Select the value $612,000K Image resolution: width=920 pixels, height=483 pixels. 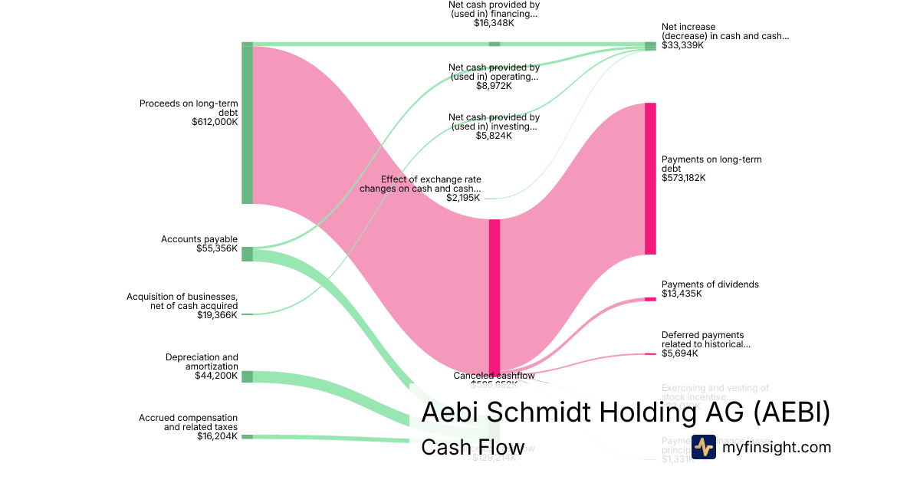[x=215, y=121]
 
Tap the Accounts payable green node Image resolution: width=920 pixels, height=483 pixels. [x=247, y=254]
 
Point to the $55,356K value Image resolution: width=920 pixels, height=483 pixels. [x=217, y=248]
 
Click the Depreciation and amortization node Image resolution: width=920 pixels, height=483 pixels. [x=247, y=376]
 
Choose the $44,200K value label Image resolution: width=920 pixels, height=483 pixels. [x=217, y=376]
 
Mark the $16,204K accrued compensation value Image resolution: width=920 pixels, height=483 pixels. [x=217, y=436]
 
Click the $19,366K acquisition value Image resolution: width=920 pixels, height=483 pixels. [x=217, y=314]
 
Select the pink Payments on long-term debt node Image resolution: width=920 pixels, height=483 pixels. [x=650, y=179]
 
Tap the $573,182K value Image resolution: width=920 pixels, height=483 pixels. [x=684, y=178]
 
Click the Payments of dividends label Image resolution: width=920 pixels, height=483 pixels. [x=710, y=284]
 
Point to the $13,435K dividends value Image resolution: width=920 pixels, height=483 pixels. [x=682, y=294]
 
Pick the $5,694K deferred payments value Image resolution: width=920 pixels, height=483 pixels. [x=680, y=353]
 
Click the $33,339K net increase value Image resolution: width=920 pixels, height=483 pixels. [x=683, y=45]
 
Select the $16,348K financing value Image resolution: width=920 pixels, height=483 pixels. [x=494, y=23]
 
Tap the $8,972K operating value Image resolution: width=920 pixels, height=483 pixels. [x=494, y=86]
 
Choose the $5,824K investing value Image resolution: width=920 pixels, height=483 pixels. [x=494, y=136]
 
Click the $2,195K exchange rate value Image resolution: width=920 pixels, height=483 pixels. [x=463, y=198]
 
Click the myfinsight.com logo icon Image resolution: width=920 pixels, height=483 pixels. [x=704, y=447]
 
